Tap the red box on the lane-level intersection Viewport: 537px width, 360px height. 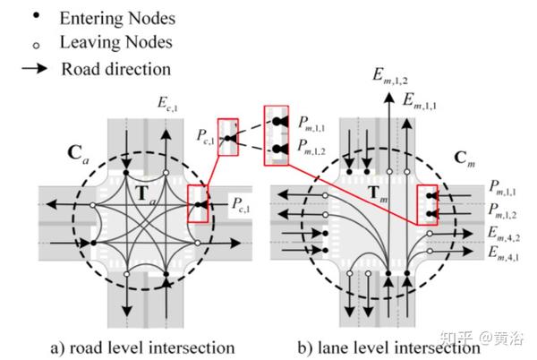[432, 204]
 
